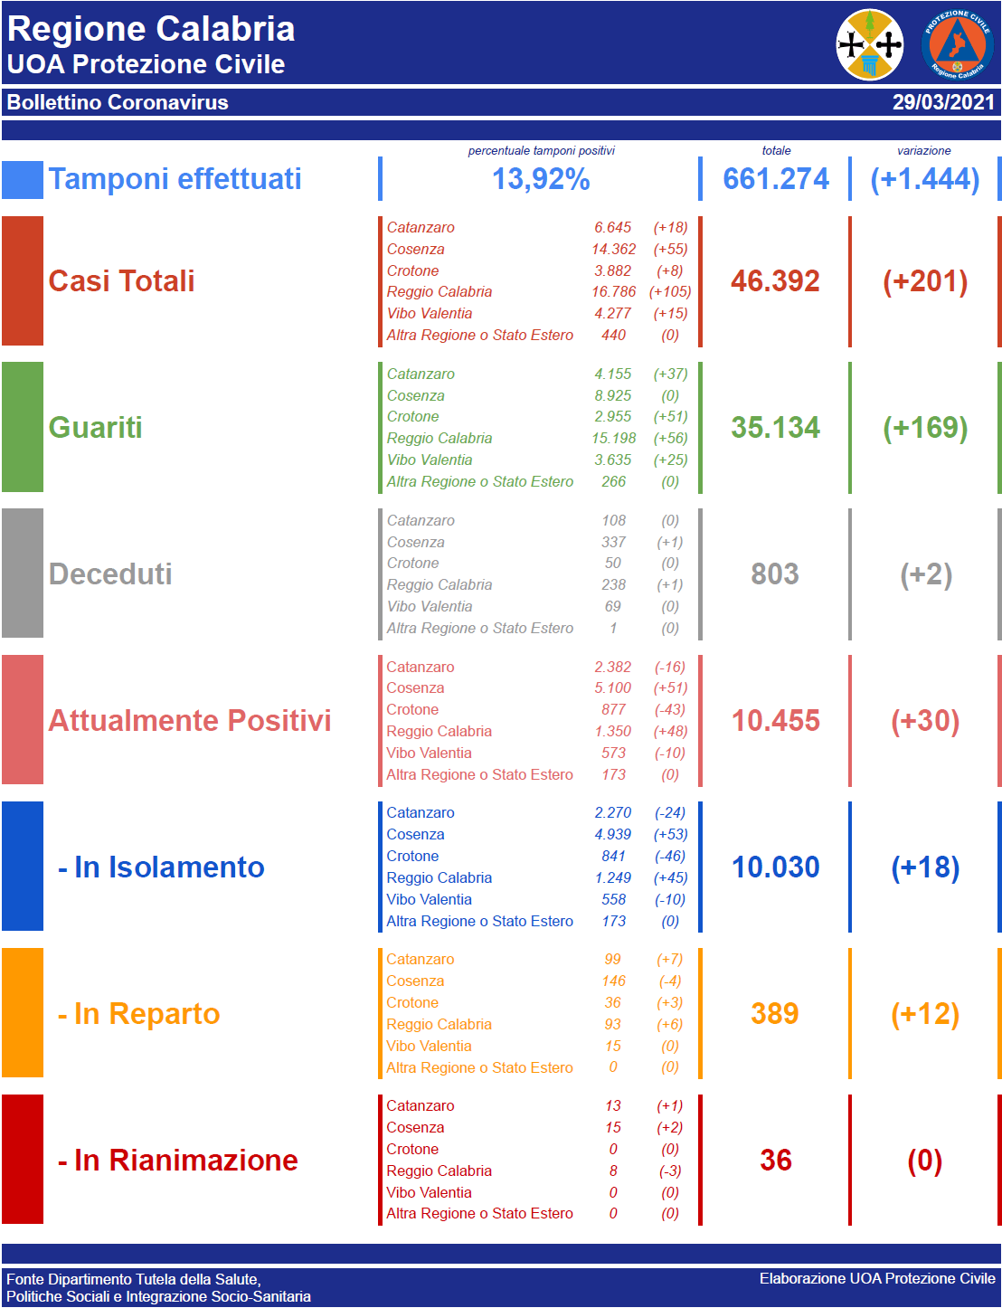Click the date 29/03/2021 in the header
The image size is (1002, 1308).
coord(943,102)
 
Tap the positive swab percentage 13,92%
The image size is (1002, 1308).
coord(541,179)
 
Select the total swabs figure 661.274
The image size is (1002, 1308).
coord(776,179)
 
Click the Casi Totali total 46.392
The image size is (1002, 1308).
coord(775,281)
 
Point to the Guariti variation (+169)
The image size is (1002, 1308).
coord(925,428)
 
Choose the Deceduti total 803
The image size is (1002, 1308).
coord(775,574)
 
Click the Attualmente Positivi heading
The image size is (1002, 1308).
coord(190,721)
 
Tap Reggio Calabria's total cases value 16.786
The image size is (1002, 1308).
coord(613,291)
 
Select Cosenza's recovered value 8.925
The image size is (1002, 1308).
coord(613,395)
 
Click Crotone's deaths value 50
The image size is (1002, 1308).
coord(613,563)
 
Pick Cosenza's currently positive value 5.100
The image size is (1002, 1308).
coord(613,687)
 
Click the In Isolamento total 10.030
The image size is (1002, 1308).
coord(775,867)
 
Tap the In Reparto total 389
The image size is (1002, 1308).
coord(775,1014)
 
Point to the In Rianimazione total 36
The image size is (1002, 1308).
coord(775,1161)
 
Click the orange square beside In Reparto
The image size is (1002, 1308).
coord(23,1013)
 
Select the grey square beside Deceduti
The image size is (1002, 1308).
coord(23,573)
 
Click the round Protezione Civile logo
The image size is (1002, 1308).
coord(957,44)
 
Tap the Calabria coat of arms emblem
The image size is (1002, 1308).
coord(870,44)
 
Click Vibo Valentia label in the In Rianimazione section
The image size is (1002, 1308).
coord(429,1192)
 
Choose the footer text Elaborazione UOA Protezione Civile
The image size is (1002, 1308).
coord(877,1278)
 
